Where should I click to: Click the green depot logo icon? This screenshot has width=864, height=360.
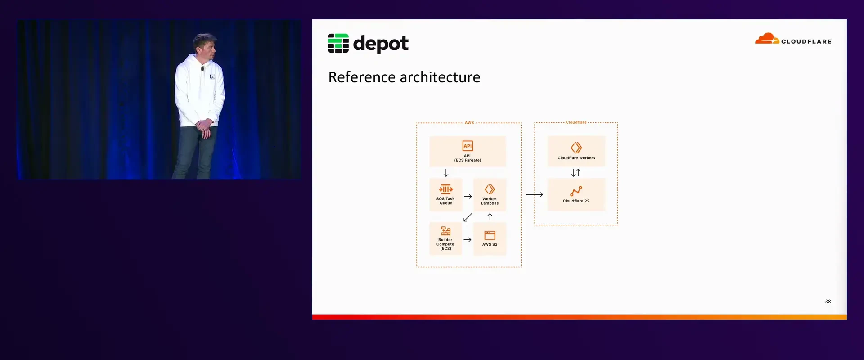pyautogui.click(x=338, y=43)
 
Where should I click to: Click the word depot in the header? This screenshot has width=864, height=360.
pyautogui.click(x=381, y=44)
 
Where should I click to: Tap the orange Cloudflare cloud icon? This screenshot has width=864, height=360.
pyautogui.click(x=767, y=39)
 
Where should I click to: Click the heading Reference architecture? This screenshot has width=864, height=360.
pyautogui.click(x=404, y=77)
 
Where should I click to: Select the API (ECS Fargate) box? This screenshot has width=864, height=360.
pyautogui.click(x=468, y=152)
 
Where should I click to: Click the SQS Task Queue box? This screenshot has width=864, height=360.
pyautogui.click(x=445, y=195)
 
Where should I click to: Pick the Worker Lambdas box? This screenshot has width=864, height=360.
pyautogui.click(x=490, y=195)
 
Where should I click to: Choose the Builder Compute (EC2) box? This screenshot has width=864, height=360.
pyautogui.click(x=445, y=238)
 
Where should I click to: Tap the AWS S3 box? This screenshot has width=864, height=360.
pyautogui.click(x=490, y=238)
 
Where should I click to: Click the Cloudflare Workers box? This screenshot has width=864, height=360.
pyautogui.click(x=576, y=152)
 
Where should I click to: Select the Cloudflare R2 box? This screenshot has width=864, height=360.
pyautogui.click(x=576, y=195)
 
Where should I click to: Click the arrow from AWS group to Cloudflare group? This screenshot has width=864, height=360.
pyautogui.click(x=535, y=194)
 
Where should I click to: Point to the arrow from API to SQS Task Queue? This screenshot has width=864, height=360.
pyautogui.click(x=446, y=173)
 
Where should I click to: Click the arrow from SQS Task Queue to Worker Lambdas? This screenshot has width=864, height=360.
pyautogui.click(x=468, y=197)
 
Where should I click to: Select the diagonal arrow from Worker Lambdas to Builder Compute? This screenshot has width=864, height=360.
pyautogui.click(x=468, y=217)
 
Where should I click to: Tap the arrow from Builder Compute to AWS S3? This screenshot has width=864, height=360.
pyautogui.click(x=468, y=240)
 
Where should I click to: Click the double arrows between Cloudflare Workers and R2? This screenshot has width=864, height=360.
pyautogui.click(x=576, y=173)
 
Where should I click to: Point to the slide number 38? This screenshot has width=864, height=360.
pyautogui.click(x=828, y=301)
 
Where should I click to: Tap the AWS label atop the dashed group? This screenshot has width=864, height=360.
pyautogui.click(x=469, y=123)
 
